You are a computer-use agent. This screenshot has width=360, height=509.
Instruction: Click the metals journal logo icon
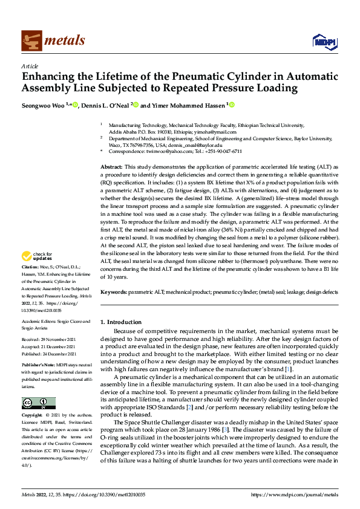click(30, 40)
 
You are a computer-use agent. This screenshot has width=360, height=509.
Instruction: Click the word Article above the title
click(29, 66)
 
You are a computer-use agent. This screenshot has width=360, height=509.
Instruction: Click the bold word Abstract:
click(111, 166)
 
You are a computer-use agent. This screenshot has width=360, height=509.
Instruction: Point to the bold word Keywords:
click(114, 292)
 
